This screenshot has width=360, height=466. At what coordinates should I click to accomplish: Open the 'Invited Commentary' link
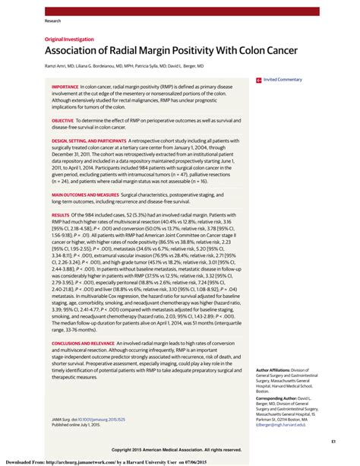(x=284, y=79)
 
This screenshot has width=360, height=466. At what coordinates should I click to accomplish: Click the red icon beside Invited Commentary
(x=259, y=79)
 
